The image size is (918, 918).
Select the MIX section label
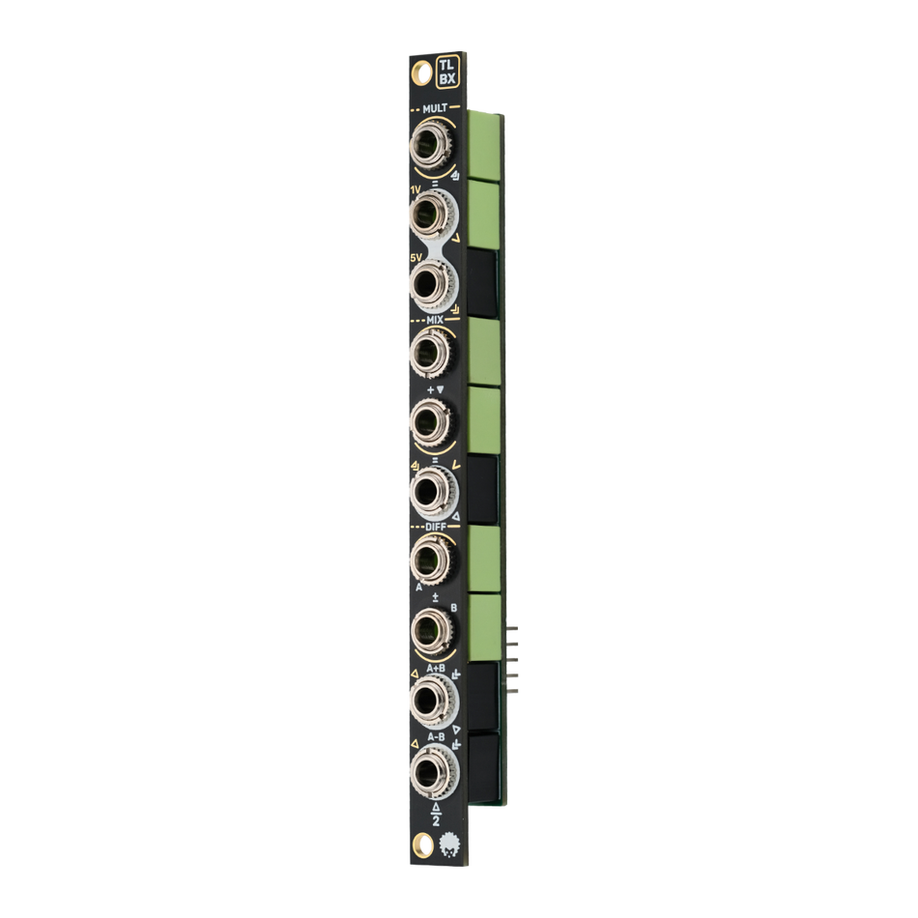point(434,318)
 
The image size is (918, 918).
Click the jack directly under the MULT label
point(427,148)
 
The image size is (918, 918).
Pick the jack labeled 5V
point(427,283)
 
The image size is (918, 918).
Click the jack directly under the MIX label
point(427,350)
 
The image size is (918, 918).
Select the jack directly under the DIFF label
point(427,559)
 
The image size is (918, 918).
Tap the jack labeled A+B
point(427,699)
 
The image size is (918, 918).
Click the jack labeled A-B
point(427,770)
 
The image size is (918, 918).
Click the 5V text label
point(416,257)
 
